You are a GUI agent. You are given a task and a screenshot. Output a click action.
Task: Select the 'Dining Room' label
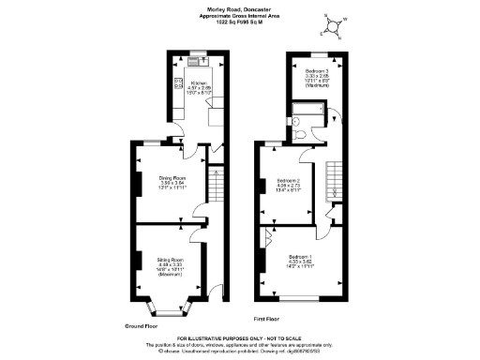(172, 176)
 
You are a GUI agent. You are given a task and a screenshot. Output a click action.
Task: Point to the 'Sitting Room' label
(170, 259)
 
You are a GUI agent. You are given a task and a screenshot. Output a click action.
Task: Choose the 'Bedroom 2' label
(286, 179)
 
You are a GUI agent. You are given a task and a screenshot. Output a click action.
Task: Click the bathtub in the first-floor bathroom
(306, 120)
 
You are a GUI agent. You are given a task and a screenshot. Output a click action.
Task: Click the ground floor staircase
(214, 182)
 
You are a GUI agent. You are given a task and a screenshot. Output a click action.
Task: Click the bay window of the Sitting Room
(169, 308)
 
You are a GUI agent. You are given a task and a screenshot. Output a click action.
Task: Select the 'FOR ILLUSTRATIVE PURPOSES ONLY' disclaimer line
(239, 337)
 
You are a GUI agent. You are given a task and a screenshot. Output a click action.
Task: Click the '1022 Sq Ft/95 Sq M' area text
(239, 24)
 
